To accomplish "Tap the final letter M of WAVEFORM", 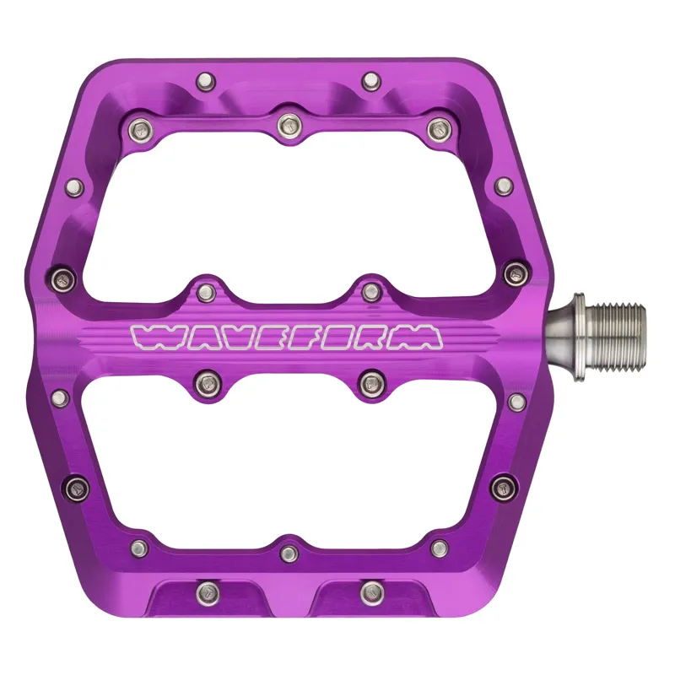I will click(420, 337).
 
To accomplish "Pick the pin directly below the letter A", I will click(206, 383).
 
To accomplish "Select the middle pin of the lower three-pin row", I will click(289, 553).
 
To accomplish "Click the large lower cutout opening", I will click(287, 464).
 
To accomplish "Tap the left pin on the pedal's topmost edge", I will click(203, 82).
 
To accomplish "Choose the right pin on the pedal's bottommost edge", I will click(370, 589).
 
